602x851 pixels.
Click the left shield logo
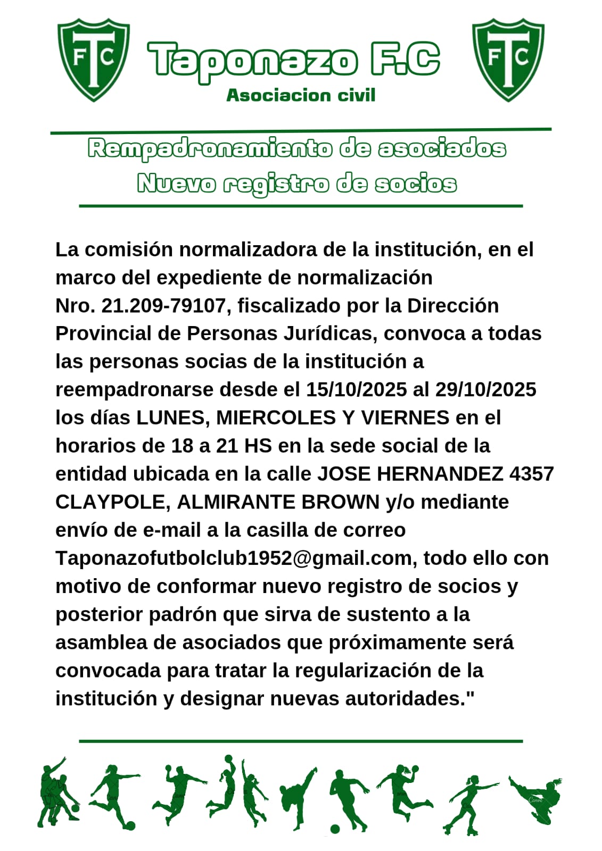(x=94, y=59)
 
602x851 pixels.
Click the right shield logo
(x=508, y=59)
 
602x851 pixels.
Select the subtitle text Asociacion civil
(x=301, y=95)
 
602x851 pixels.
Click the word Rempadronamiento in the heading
(x=210, y=149)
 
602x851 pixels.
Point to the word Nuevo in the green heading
(x=176, y=184)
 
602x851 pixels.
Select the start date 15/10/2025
(x=356, y=390)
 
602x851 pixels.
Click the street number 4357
(x=531, y=474)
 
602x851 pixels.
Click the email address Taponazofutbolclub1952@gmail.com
(x=233, y=558)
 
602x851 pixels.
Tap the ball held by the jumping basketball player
(x=228, y=758)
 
